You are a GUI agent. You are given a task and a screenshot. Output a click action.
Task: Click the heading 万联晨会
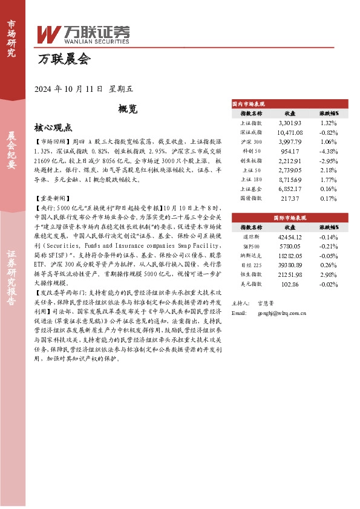(64, 60)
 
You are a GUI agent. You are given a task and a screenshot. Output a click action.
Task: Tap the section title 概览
(128, 109)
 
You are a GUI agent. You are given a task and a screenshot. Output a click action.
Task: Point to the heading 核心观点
(54, 128)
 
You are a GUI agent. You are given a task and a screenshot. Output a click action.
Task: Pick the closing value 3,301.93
(289, 123)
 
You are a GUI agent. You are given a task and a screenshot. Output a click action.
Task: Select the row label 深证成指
(251, 132)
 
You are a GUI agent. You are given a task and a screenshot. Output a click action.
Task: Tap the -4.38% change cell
(328, 151)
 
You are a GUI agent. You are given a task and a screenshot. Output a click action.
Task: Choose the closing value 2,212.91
(289, 161)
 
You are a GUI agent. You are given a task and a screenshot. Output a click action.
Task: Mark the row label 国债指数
(251, 198)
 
